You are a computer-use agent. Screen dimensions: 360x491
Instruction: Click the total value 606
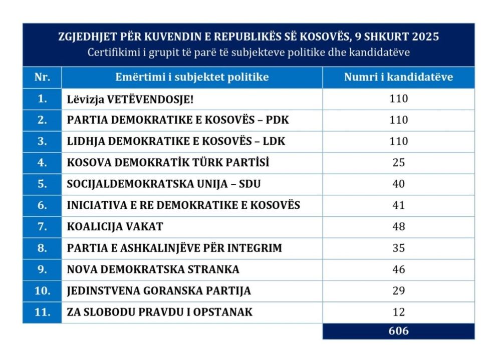click(398, 331)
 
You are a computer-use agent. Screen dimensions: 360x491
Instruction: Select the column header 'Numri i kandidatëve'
click(398, 77)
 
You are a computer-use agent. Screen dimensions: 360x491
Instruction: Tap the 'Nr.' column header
click(42, 77)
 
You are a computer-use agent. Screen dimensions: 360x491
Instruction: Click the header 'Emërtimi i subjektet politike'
click(192, 77)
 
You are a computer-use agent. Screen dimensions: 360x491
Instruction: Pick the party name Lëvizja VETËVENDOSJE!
click(130, 99)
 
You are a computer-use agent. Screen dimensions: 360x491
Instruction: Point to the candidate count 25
click(398, 163)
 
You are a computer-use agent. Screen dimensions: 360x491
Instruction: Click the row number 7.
click(42, 226)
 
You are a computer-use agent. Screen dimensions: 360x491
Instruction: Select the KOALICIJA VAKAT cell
click(115, 226)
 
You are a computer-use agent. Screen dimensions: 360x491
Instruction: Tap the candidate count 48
click(398, 226)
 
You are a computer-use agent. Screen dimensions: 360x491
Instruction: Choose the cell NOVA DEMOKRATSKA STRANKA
click(153, 269)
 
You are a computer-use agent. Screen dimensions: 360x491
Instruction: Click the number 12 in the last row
click(398, 312)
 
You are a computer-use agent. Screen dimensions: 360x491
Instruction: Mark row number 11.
click(42, 312)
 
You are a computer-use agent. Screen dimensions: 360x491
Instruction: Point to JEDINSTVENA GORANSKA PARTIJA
click(159, 291)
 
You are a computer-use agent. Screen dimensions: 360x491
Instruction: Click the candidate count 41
click(398, 205)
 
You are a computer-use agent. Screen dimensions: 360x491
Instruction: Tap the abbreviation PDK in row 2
click(278, 120)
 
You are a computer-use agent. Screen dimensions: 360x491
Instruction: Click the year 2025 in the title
click(424, 37)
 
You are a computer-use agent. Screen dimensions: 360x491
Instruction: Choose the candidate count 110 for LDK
click(398, 142)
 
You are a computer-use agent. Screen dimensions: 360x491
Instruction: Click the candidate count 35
click(398, 248)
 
